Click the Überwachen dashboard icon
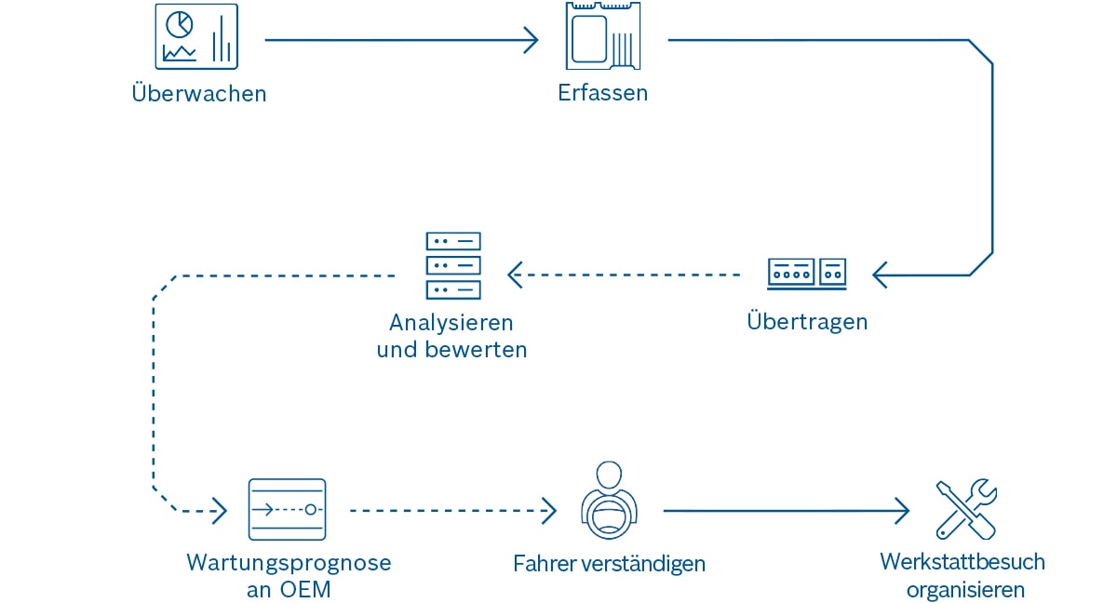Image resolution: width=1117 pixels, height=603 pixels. pos(196,36)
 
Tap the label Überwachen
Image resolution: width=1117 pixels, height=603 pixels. pos(199,94)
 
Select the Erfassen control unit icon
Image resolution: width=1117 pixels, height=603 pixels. pos(602,36)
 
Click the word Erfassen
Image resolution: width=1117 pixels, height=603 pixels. pos(603,93)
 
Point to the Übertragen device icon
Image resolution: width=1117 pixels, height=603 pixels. pos(807,273)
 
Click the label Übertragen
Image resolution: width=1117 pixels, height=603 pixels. pos(807,322)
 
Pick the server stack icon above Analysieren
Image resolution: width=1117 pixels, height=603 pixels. pos(452,266)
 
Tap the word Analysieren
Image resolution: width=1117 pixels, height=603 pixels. pos(451,323)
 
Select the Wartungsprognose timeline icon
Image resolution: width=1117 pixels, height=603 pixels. pos(287,510)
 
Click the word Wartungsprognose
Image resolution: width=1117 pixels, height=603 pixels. pos(289,563)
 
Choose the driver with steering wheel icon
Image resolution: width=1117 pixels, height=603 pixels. pos(609,502)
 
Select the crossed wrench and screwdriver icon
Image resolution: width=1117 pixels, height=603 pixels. pos(965,509)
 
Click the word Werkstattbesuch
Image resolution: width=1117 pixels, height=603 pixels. pos(962,562)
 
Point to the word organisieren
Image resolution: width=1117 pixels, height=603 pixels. pos(965,590)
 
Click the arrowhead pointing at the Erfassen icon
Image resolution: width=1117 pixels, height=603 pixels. pos(532,40)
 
